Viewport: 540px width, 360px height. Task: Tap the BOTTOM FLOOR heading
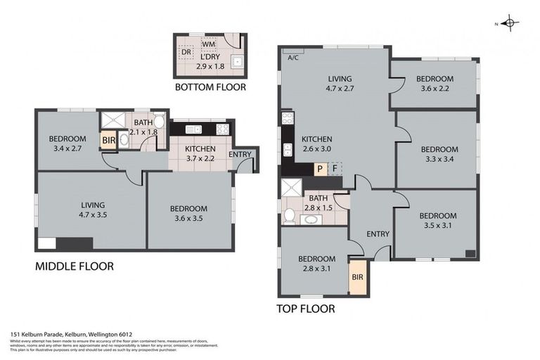[x=211, y=88]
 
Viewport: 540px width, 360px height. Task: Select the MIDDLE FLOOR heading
[x=74, y=266]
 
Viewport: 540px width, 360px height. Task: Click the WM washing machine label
[x=208, y=44]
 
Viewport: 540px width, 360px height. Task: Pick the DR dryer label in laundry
[x=186, y=53]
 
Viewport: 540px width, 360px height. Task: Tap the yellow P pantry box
[x=319, y=169]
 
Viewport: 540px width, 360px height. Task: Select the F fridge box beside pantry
[x=335, y=169]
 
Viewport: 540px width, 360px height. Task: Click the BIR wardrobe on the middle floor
[x=108, y=141]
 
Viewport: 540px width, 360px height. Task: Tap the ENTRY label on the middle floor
[x=240, y=155]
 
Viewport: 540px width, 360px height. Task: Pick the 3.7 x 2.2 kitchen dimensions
[x=200, y=159]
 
